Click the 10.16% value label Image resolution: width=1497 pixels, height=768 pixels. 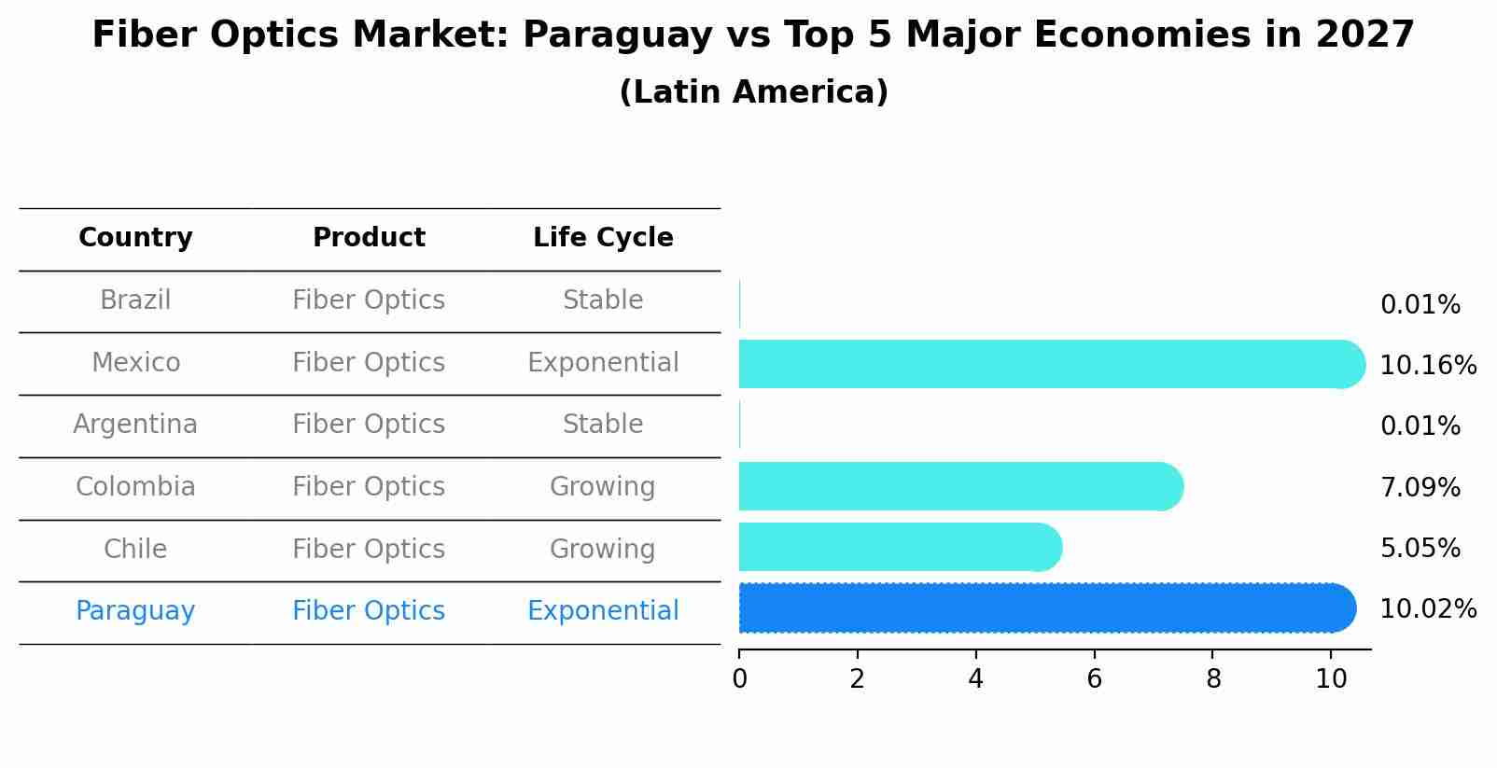1427,365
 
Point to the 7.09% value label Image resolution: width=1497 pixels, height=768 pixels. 1420,487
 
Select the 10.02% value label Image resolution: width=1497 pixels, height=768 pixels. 1427,609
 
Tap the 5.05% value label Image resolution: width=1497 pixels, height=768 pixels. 1420,548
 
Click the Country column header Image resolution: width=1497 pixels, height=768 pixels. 135,238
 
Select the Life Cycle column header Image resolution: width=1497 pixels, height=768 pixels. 603,238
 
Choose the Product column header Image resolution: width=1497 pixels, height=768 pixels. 369,238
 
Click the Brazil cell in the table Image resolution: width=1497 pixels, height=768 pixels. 135,300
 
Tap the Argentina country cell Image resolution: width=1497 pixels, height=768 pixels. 135,425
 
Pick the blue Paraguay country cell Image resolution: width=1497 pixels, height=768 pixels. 135,611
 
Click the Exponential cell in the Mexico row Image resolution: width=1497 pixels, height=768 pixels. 603,363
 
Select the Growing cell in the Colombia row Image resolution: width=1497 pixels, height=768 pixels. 603,487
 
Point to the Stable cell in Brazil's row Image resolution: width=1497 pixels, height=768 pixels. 603,300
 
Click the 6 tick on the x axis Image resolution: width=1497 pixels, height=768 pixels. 1095,679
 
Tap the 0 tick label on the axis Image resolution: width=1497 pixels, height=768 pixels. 739,679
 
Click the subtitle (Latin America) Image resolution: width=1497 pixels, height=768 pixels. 753,92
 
